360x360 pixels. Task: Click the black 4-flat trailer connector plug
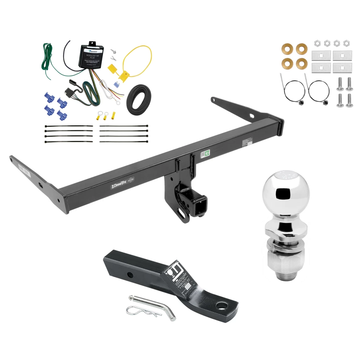coord(69,93)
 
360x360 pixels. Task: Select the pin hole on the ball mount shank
coord(129,275)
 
